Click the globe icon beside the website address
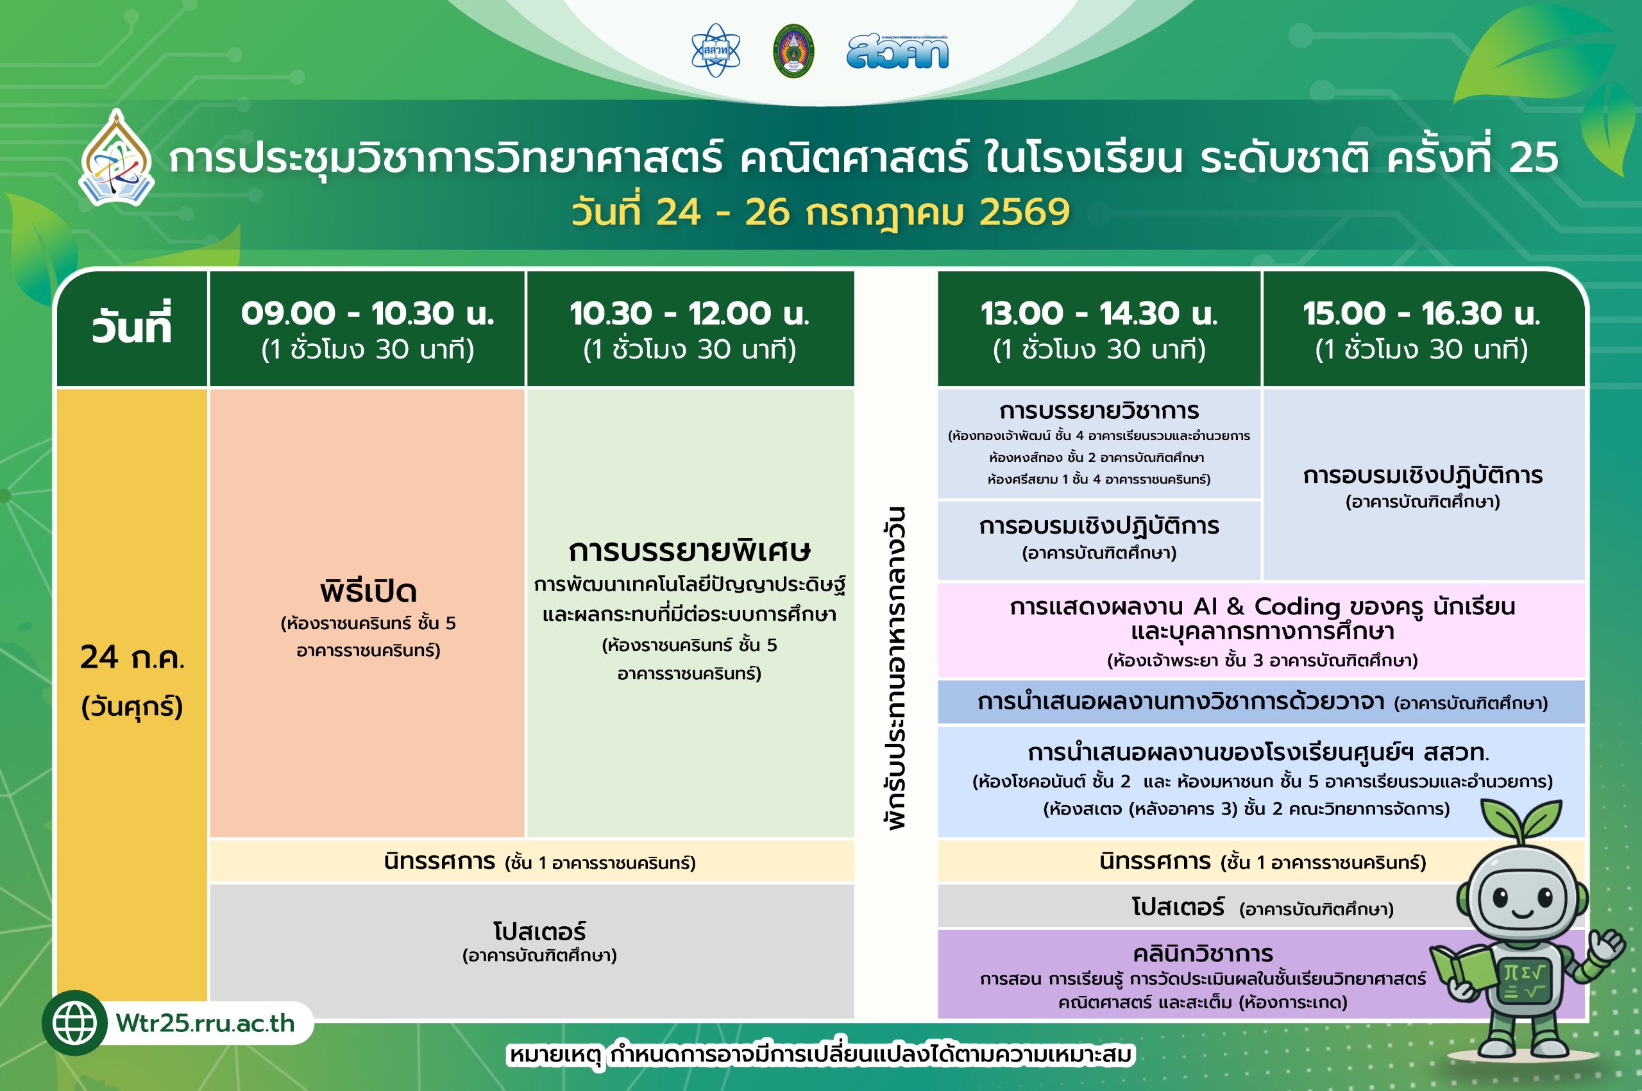click(x=74, y=1023)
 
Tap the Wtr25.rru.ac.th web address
click(x=206, y=1024)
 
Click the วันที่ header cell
click(x=131, y=325)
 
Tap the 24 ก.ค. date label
click(x=132, y=657)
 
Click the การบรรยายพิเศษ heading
click(x=690, y=551)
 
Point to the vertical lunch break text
click(x=896, y=668)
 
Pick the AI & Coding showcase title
click(x=1262, y=618)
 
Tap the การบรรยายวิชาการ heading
click(x=1099, y=411)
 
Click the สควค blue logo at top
click(x=897, y=52)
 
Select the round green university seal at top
click(x=793, y=51)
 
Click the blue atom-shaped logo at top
click(x=716, y=51)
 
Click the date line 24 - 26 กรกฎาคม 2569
click(x=820, y=212)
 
